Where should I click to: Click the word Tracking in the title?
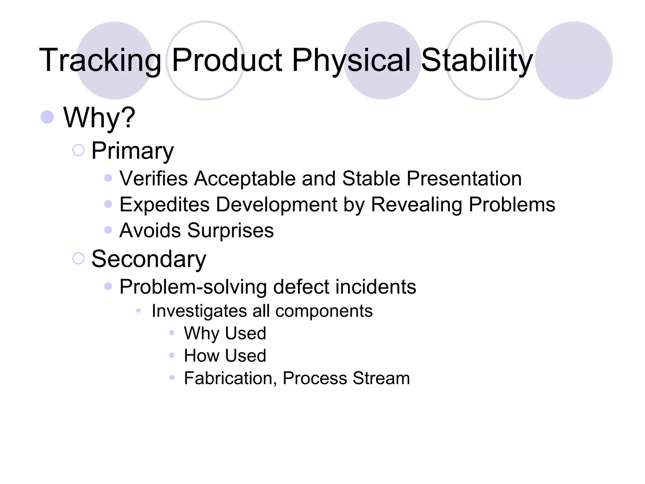pos(100,60)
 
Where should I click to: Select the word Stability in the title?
pos(477,60)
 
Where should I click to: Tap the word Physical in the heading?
pos(351,60)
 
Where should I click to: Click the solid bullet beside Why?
pos(47,117)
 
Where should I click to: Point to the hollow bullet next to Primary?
pos(78,150)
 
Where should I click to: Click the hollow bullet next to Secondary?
pos(78,259)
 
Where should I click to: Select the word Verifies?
pos(154,179)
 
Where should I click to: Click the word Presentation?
pos(464,179)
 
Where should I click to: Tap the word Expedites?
pos(164,205)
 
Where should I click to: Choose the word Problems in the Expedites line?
pos(512,205)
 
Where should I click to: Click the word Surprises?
pos(231,231)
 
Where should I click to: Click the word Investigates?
pos(199,311)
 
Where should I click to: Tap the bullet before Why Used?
pos(172,333)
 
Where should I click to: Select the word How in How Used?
pos(202,356)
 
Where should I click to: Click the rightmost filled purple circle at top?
pos(574,60)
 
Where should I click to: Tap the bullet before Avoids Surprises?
pos(108,230)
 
